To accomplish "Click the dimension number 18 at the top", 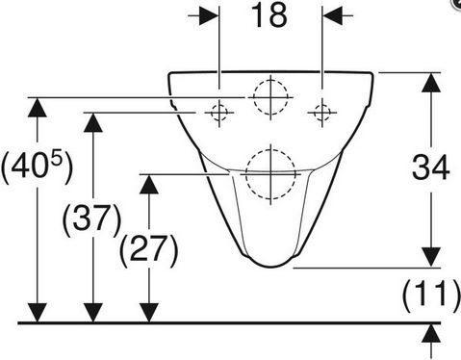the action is coord(269,15).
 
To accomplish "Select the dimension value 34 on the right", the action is coord(430,167).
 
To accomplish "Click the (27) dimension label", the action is coord(149,250).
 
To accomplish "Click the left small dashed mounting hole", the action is coord(219,113).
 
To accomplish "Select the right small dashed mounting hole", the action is coord(322,113).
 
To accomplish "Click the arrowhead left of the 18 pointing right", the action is coord(209,15).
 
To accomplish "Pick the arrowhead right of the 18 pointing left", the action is coord(332,15).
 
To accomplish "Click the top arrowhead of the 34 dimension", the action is coord(431,83).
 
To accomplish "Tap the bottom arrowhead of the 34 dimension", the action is coord(431,257).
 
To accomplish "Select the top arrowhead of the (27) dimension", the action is coord(149,184).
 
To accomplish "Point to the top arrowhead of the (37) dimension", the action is coord(92,122).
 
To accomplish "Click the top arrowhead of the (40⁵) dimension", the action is coord(38,107).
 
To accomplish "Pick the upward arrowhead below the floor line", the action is coord(431,334).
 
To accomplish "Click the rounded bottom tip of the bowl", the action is coord(270,267).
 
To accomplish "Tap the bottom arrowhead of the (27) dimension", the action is coord(149,313).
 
